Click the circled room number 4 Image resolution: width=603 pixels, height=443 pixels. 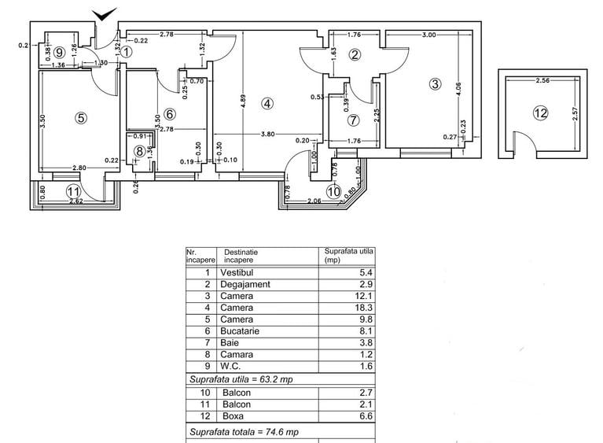267,103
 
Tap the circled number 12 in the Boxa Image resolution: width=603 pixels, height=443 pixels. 539,113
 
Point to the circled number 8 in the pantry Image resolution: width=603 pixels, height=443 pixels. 140,151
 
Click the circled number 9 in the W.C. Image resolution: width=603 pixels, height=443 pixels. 60,54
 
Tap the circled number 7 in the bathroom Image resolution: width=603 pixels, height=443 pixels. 353,120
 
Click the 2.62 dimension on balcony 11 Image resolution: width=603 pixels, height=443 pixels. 75,201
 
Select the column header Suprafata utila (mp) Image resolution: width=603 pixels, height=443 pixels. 349,255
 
